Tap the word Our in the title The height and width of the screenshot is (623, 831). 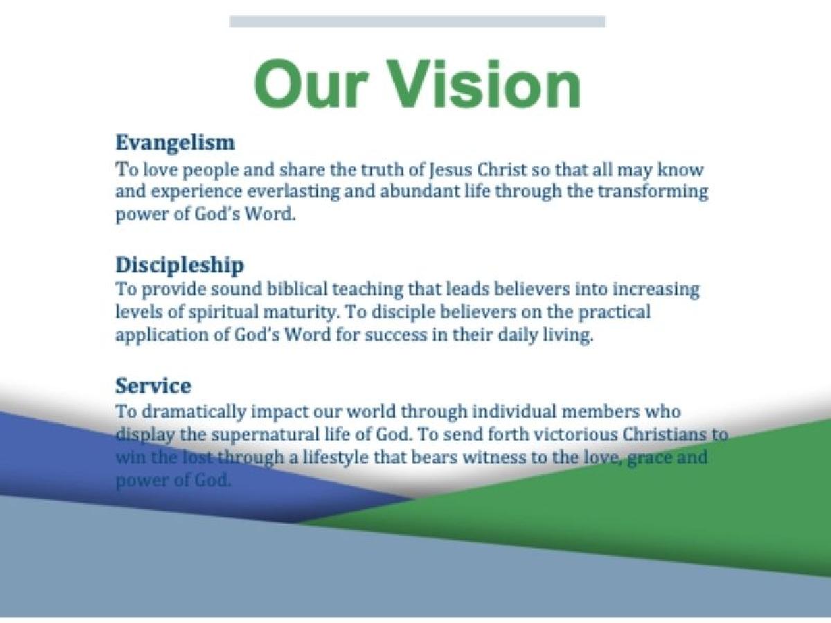click(311, 84)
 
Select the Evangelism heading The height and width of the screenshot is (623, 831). click(175, 143)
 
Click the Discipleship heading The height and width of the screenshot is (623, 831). click(180, 265)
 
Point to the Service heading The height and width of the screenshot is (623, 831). click(153, 386)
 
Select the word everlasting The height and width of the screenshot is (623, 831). click(294, 192)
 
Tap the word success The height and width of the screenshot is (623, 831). click(396, 336)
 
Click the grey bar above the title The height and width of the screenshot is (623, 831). click(417, 21)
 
